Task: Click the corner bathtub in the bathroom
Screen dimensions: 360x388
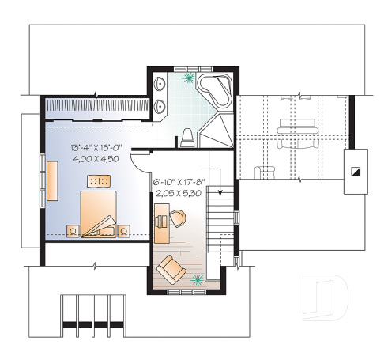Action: (214, 90)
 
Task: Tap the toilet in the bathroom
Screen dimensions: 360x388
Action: (187, 138)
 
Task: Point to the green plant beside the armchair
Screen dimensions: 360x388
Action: (197, 279)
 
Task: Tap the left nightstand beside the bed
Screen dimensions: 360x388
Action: (73, 231)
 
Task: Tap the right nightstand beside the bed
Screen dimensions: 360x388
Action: (124, 230)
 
